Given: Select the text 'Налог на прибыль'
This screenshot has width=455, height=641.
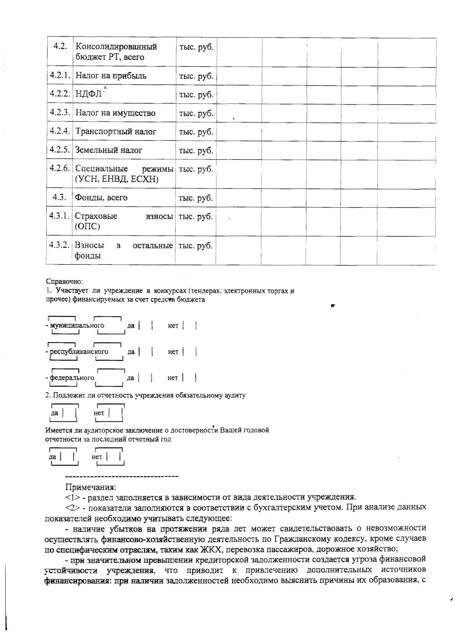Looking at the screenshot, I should pos(111,75).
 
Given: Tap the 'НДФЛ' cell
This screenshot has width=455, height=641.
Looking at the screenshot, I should pos(89,94).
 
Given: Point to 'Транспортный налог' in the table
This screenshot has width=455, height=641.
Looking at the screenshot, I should pos(116,132).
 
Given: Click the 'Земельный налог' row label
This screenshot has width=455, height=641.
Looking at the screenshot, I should pos(108,150).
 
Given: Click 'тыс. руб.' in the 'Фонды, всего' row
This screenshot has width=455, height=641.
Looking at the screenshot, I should pos(196,198).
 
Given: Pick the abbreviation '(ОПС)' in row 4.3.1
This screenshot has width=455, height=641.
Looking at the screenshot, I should pos(88,227).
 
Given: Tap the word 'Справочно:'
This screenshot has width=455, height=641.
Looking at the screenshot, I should pos(64,282).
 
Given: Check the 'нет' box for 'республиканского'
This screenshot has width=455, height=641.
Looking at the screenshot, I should pos(189,352).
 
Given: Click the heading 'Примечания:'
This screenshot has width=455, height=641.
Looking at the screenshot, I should pos(91,487).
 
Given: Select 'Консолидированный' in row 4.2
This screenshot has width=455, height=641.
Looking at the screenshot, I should pos(116,47).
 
